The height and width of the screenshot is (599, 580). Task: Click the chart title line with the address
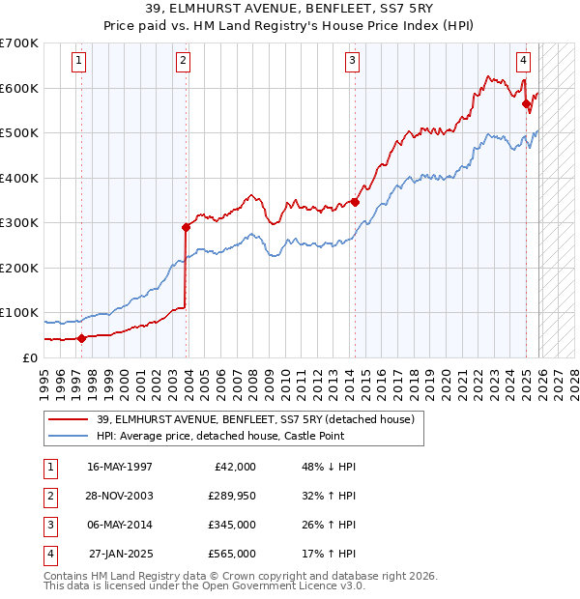pos(290,10)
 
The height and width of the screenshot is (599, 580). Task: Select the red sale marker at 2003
pos(186,228)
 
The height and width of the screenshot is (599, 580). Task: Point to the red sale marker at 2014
pos(355,202)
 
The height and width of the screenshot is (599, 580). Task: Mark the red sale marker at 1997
pos(82,338)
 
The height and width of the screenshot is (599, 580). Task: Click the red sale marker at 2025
pos(526,104)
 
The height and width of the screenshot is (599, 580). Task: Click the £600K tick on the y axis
pos(19,88)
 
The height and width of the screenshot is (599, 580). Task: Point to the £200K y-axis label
pos(19,268)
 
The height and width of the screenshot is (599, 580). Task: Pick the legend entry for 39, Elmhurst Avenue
pos(255,419)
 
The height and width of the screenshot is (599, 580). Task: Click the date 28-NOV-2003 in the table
pos(120,496)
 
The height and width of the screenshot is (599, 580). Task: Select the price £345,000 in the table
pos(231,525)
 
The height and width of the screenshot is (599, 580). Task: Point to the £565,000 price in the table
pos(231,554)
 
